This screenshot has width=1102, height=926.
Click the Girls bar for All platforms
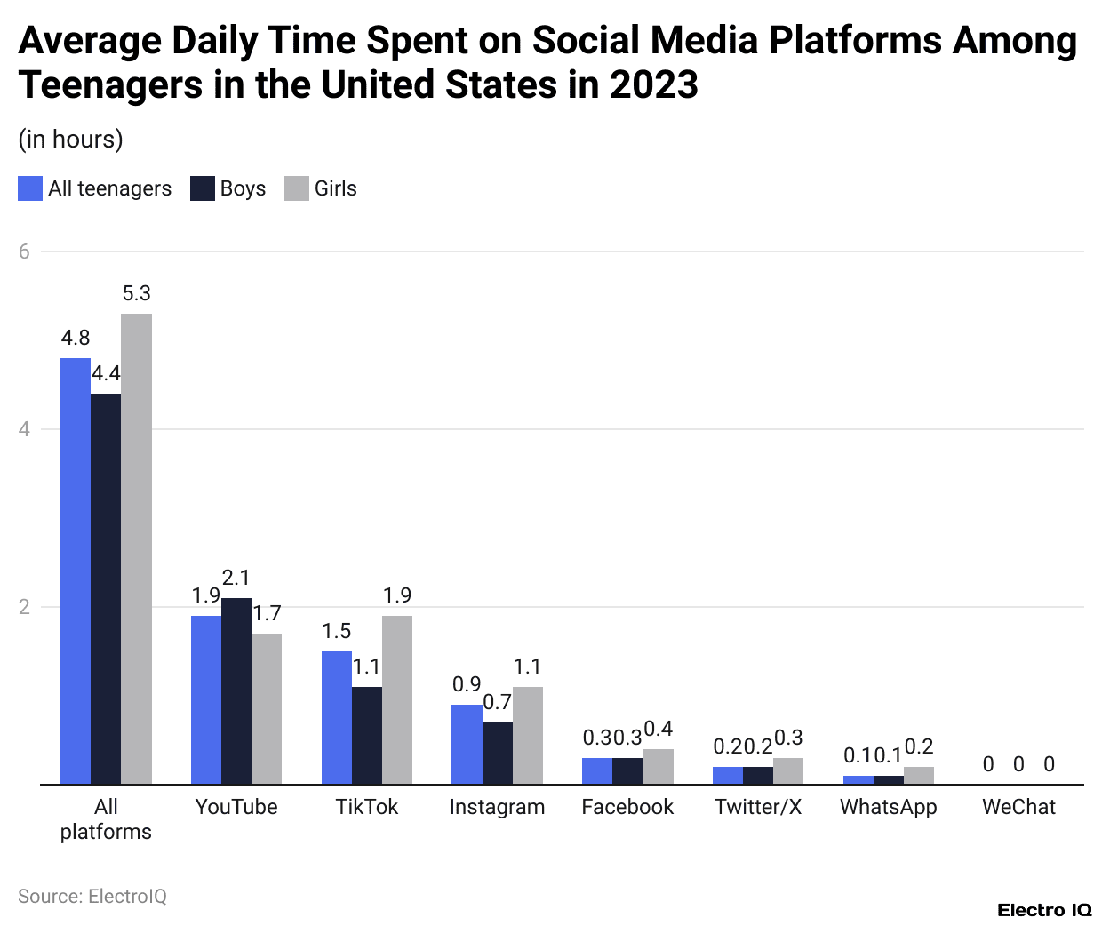coord(136,548)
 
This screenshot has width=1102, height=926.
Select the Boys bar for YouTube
coord(236,691)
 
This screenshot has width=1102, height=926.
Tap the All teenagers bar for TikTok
coord(336,717)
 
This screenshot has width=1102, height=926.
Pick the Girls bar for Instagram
coord(528,735)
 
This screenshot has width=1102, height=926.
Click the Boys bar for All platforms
coord(106,588)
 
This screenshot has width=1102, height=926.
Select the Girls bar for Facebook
coord(658,766)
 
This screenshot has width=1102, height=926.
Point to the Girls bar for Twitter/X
coord(788,770)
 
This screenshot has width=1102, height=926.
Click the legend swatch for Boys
coord(203,188)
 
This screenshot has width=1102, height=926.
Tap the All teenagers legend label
coord(109,188)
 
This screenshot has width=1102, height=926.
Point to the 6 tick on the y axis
coord(24,251)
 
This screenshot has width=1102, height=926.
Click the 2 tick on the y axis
coord(24,607)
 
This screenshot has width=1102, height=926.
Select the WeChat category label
coord(1018,807)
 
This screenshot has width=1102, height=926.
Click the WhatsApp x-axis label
coord(888,807)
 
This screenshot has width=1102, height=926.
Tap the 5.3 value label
coord(136,293)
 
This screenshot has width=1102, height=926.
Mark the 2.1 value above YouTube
coord(236,578)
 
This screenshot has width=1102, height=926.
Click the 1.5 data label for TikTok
coord(336,631)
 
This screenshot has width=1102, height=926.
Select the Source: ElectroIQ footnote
coord(92,896)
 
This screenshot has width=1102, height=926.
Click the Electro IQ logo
coord(1043,910)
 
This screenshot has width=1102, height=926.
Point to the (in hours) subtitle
coord(70,140)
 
